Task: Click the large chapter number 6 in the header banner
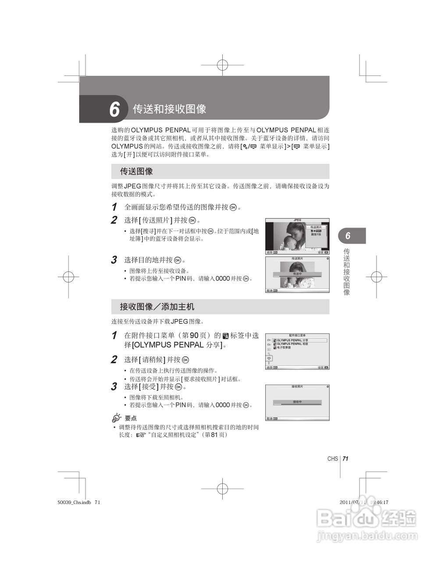pos(114,109)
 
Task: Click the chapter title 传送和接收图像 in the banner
pos(169,109)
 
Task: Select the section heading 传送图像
pos(136,171)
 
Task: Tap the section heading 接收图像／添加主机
pos(157,306)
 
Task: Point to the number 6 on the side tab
pos(348,236)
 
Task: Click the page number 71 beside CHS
pos(345,459)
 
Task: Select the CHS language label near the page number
pos(332,459)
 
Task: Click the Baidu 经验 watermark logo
pos(366,519)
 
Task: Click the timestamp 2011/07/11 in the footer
pos(353,503)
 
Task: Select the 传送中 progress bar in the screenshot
pos(297,274)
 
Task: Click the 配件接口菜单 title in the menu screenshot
pos(297,336)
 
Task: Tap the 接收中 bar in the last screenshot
pos(297,402)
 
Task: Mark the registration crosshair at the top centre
pos(222,65)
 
